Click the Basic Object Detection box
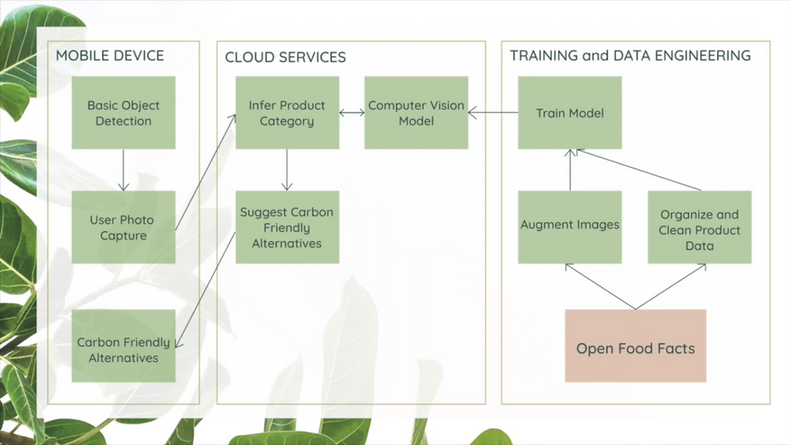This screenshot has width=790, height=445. coord(123,112)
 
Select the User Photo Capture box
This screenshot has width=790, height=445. coord(123,227)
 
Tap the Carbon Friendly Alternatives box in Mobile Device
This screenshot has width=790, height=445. coord(123,345)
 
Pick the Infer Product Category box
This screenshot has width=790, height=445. coord(288,112)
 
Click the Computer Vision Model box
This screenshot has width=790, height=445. coord(416,112)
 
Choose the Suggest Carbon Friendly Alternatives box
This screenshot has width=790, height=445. coord(288,227)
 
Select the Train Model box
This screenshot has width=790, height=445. coord(570,112)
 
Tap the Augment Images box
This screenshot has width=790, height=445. coord(570,227)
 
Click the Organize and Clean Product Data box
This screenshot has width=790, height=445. coord(699,227)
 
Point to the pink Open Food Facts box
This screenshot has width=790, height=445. coord(635,345)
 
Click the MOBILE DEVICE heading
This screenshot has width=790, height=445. coord(110,55)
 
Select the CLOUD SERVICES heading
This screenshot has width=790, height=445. coord(285,57)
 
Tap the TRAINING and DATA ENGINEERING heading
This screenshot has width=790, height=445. coord(630,55)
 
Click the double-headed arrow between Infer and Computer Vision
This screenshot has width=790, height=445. coord(352,113)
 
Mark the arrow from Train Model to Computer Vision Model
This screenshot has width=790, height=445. coord(493,112)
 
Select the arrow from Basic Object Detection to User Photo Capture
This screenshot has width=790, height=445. coord(123,170)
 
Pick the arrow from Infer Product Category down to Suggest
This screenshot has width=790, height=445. coord(288,170)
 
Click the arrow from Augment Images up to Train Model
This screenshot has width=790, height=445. coord(570,170)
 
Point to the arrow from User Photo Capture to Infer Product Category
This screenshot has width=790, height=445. coord(205,172)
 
